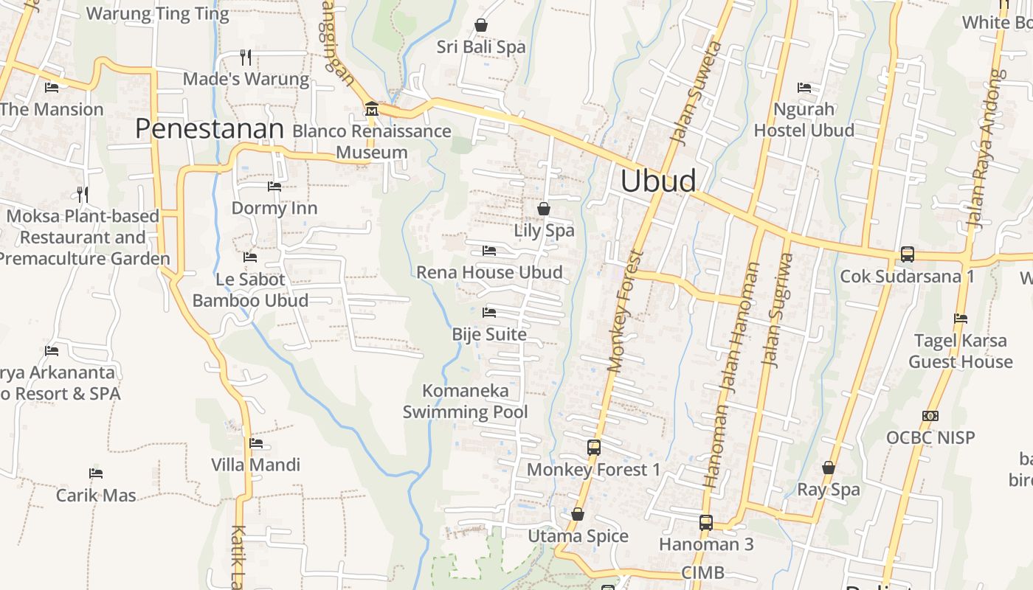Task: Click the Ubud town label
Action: (x=658, y=181)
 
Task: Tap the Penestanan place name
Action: (x=210, y=129)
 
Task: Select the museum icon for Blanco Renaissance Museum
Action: (x=371, y=109)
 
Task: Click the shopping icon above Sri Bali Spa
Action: (x=481, y=26)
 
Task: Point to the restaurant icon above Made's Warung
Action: (x=246, y=57)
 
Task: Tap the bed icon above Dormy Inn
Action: (x=274, y=187)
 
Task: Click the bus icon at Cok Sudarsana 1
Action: (x=907, y=254)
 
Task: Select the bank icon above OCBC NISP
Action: (x=930, y=416)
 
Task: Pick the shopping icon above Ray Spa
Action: (x=829, y=468)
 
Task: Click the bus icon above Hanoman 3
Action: (x=706, y=523)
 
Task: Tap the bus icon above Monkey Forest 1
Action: (x=594, y=448)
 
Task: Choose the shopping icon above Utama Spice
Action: (x=578, y=514)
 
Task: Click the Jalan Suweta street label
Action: (x=694, y=91)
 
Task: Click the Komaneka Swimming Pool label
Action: (x=466, y=401)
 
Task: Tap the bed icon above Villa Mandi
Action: (x=256, y=443)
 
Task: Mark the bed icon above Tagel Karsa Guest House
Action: (x=961, y=319)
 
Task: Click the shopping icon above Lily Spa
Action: (x=544, y=209)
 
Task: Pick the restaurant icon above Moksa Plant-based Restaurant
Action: (x=83, y=195)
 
